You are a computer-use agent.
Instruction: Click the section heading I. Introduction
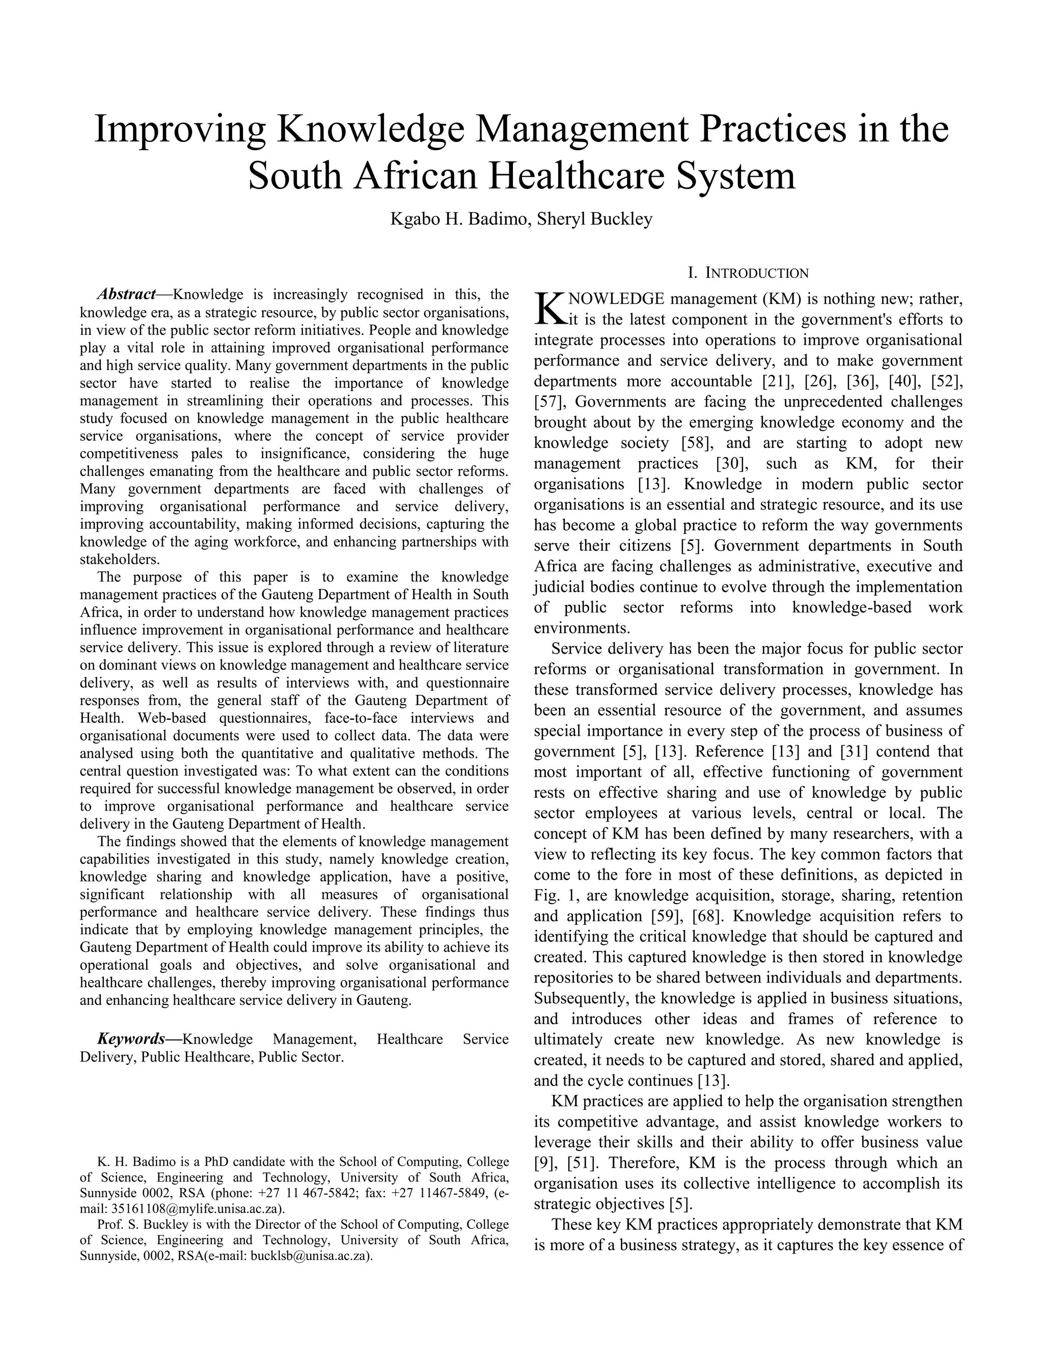click(748, 273)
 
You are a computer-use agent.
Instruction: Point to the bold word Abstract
click(127, 294)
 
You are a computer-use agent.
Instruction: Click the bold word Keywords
click(131, 1039)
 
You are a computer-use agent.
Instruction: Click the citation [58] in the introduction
click(695, 443)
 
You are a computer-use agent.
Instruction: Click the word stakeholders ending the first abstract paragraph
click(119, 559)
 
